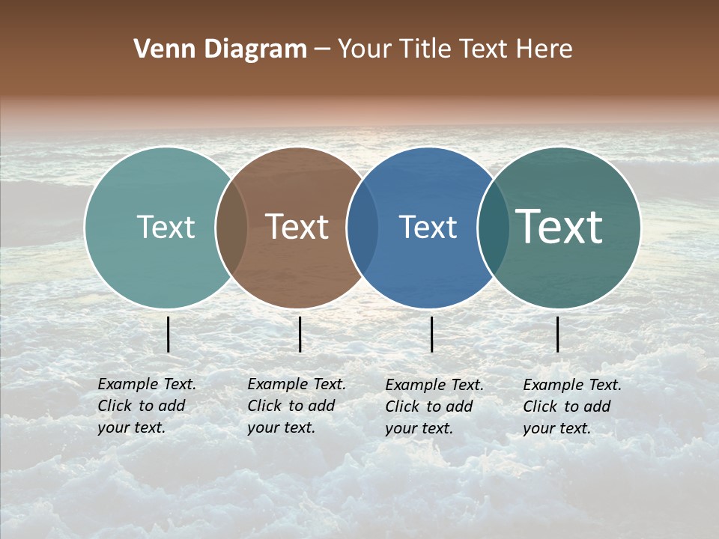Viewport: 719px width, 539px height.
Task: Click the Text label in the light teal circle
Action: pyautogui.click(x=166, y=227)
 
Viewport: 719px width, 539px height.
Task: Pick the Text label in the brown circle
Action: pyautogui.click(x=297, y=227)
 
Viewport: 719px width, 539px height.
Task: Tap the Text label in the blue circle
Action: pyautogui.click(x=428, y=227)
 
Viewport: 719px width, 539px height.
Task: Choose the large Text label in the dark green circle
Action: pyautogui.click(x=559, y=227)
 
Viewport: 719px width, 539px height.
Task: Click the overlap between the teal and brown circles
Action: pyautogui.click(x=231, y=228)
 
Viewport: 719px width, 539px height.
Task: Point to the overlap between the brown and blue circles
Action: pyautogui.click(x=362, y=228)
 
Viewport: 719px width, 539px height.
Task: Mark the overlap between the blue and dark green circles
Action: pyautogui.click(x=493, y=228)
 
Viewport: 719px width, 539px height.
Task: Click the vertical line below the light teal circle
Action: pyautogui.click(x=169, y=335)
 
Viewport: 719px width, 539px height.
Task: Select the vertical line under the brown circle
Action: pyautogui.click(x=300, y=335)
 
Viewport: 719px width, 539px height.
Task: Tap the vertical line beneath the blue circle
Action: pyautogui.click(x=432, y=335)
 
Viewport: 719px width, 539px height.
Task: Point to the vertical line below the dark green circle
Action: pyautogui.click(x=558, y=335)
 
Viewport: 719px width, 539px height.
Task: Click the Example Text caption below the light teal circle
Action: pyautogui.click(x=146, y=406)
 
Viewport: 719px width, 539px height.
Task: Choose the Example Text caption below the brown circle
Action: pyautogui.click(x=296, y=406)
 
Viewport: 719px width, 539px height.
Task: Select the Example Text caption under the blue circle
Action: pyautogui.click(x=434, y=406)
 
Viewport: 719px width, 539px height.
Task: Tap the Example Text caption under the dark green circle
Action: pyautogui.click(x=571, y=406)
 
